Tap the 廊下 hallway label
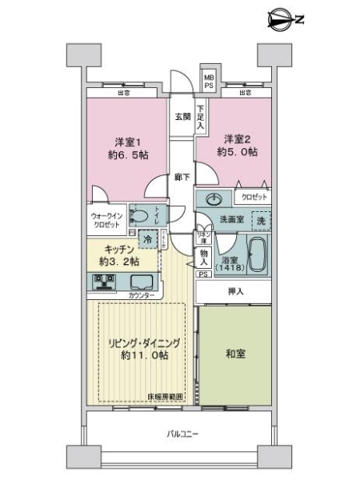coord(182,177)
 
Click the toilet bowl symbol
coord(138,215)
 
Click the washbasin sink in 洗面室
coord(214,199)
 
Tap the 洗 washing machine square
coord(260,220)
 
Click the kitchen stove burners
coord(106,282)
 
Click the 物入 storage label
coord(203,257)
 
